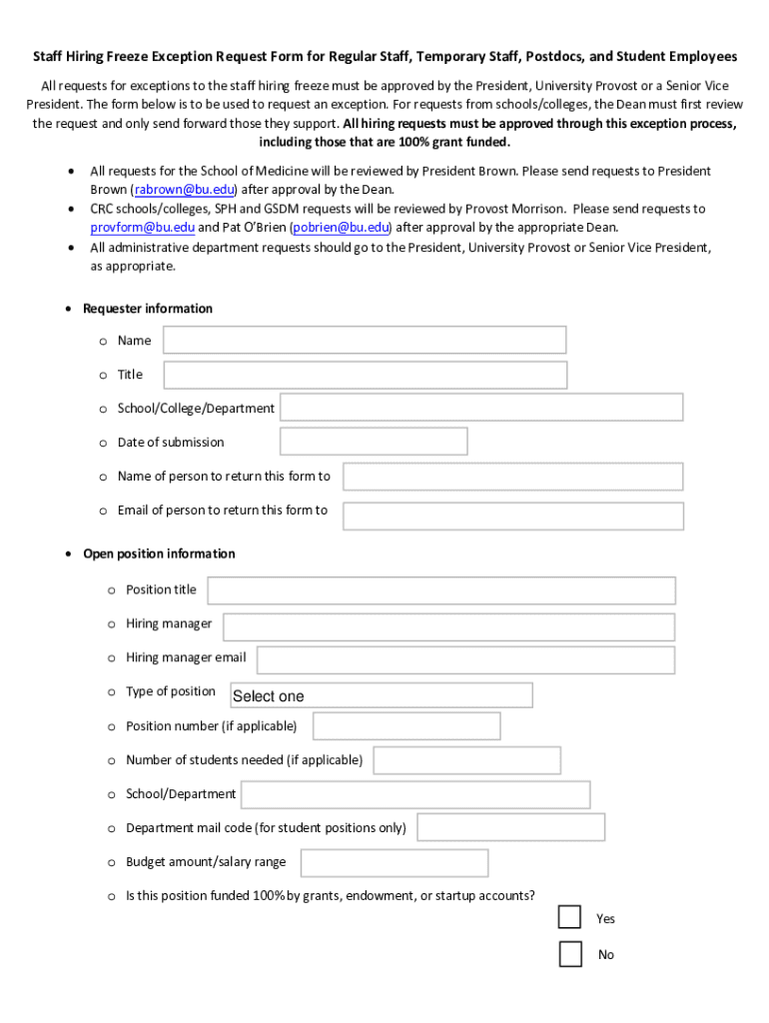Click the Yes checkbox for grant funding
pyautogui.click(x=569, y=917)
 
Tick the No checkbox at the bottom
pyautogui.click(x=569, y=954)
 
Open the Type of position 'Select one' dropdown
pyautogui.click(x=381, y=695)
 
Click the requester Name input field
pyautogui.click(x=365, y=340)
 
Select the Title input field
pyautogui.click(x=365, y=375)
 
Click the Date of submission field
pyautogui.click(x=374, y=442)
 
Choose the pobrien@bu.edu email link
pyautogui.click(x=340, y=228)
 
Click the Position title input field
pyautogui.click(x=440, y=590)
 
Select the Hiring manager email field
pyautogui.click(x=465, y=659)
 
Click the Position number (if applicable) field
pyautogui.click(x=405, y=726)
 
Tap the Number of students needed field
pyautogui.click(x=466, y=760)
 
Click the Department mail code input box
pyautogui.click(x=510, y=827)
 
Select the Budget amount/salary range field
pyautogui.click(x=393, y=862)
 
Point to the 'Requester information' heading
pyautogui.click(x=148, y=309)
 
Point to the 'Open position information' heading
pyautogui.click(x=159, y=553)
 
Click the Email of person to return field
pyautogui.click(x=512, y=515)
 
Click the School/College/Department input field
pyautogui.click(x=481, y=408)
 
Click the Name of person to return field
pyautogui.click(x=512, y=477)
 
